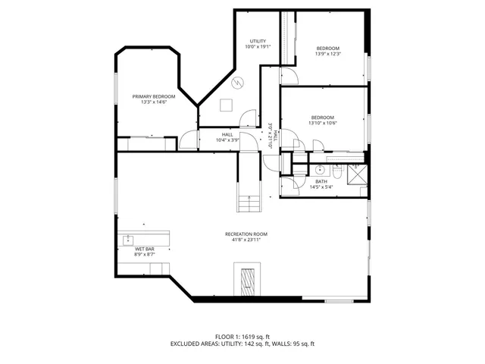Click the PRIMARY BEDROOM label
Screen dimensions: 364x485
[x=154, y=96]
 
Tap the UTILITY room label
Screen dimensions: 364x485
[x=257, y=41]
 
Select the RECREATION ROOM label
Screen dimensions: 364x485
[x=246, y=234]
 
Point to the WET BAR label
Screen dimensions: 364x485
[x=145, y=249]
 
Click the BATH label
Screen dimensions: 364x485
[x=321, y=181]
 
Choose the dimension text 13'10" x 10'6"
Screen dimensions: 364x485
[x=323, y=124]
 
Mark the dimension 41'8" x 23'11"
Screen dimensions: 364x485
[x=246, y=240]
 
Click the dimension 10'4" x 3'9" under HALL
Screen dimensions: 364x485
[x=227, y=140]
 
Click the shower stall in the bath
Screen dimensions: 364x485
[x=356, y=173]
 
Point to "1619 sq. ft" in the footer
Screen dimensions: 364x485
[x=258, y=335]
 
